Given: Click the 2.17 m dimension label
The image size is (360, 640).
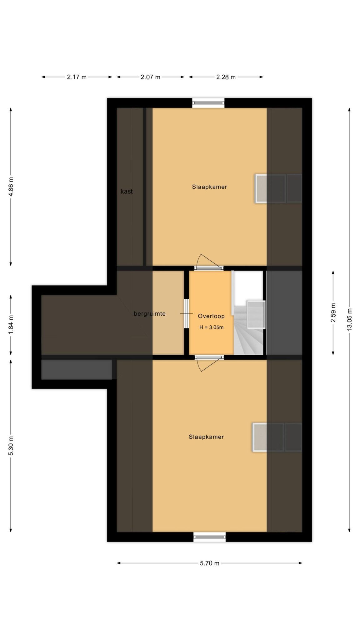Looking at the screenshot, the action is pyautogui.click(x=77, y=77).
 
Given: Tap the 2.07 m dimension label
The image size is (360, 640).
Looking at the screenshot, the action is pyautogui.click(x=150, y=77).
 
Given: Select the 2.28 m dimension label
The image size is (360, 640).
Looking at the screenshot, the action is pyautogui.click(x=226, y=77).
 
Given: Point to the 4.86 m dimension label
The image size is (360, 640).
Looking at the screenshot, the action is pyautogui.click(x=11, y=187).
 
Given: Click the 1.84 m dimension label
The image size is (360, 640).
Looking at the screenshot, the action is pyautogui.click(x=11, y=324).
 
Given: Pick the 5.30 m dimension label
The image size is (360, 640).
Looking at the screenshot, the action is pyautogui.click(x=11, y=445).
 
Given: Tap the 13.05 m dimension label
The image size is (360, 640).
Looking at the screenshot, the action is pyautogui.click(x=349, y=319).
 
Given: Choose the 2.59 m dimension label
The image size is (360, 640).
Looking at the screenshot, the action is pyautogui.click(x=333, y=312).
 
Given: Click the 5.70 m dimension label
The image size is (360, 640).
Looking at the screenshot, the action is pyautogui.click(x=210, y=563).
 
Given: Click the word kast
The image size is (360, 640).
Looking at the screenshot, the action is pyautogui.click(x=127, y=192).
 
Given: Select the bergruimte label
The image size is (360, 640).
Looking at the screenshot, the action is pyautogui.click(x=150, y=314).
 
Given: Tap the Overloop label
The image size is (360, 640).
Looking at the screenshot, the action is pyautogui.click(x=211, y=316).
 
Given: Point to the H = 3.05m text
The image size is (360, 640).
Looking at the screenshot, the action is pyautogui.click(x=212, y=327).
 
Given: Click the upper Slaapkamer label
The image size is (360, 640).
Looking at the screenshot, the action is pyautogui.click(x=209, y=187).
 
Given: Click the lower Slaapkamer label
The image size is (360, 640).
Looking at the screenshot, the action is pyautogui.click(x=206, y=437).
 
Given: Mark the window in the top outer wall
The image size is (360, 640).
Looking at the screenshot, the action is pyautogui.click(x=208, y=103).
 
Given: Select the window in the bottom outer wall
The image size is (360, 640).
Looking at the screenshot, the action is pyautogui.click(x=209, y=537).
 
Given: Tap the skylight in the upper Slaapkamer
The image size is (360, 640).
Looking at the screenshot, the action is pyautogui.click(x=278, y=189).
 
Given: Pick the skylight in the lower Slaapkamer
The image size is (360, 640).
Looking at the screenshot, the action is pyautogui.click(x=277, y=437).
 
